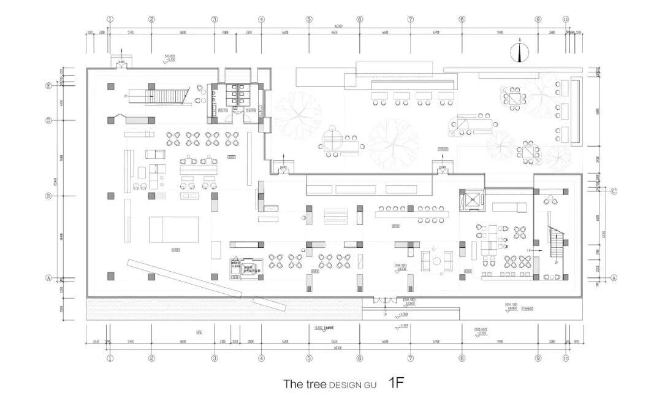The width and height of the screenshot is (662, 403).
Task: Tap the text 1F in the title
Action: point(397,383)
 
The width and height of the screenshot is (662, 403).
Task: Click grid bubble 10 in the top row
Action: point(565,19)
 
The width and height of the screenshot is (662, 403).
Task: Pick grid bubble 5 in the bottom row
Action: point(309,358)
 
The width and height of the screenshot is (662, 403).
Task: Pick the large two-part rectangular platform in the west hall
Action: point(175,229)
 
